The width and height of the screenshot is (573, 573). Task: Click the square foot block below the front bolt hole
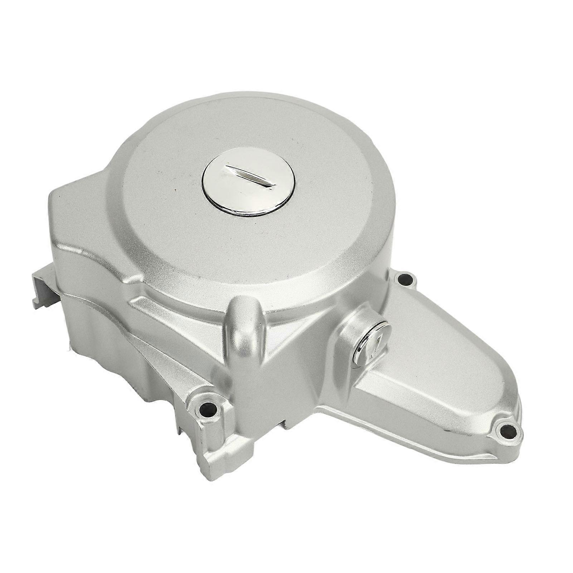click(x=222, y=444)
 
